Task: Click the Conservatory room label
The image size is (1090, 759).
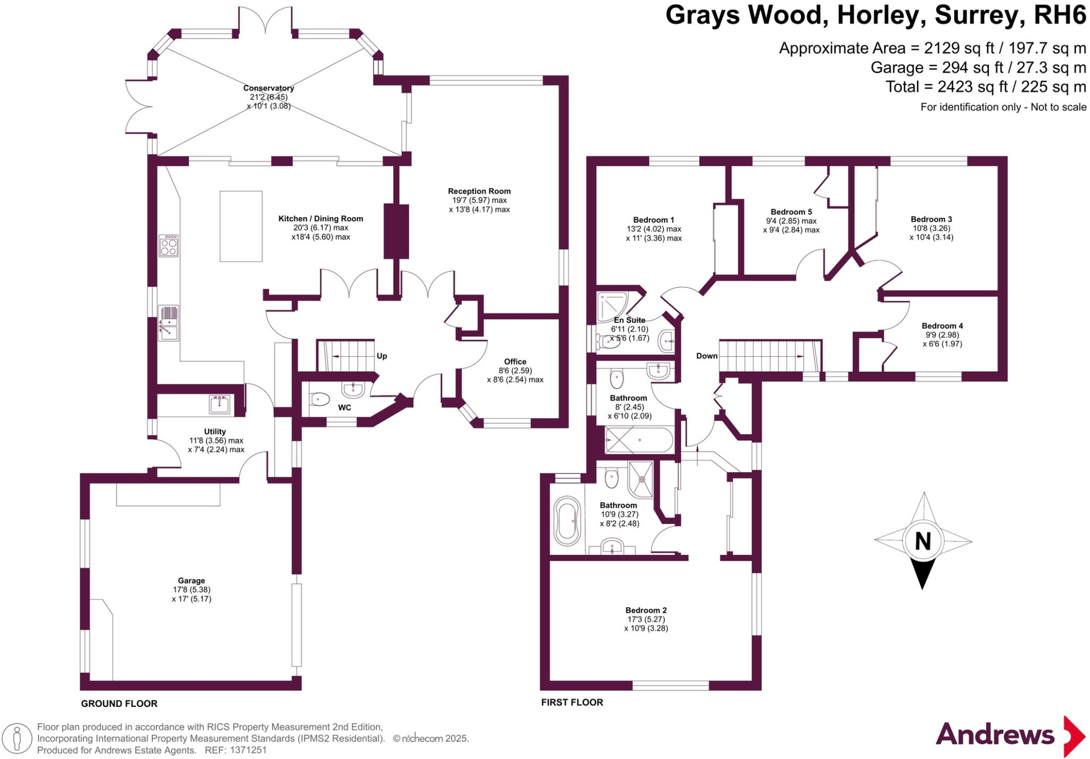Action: click(268, 88)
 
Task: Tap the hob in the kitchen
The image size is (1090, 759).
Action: click(169, 246)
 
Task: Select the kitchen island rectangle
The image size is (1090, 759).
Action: click(241, 226)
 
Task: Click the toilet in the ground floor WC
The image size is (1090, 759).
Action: click(320, 399)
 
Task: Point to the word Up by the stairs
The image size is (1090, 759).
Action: click(382, 356)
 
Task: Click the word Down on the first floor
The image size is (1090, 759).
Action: click(707, 356)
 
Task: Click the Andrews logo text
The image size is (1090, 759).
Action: click(995, 735)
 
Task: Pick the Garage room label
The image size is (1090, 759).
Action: click(191, 581)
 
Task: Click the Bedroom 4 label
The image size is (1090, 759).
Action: click(942, 326)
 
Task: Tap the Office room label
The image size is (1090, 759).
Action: click(515, 362)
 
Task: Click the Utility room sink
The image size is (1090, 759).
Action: click(220, 404)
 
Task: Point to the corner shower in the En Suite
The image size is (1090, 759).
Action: click(612, 306)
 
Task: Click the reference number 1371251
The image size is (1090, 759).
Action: click(248, 750)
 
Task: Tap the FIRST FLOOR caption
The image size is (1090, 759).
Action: click(572, 702)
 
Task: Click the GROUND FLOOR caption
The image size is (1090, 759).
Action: click(119, 704)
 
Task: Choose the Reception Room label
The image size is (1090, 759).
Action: click(479, 191)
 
